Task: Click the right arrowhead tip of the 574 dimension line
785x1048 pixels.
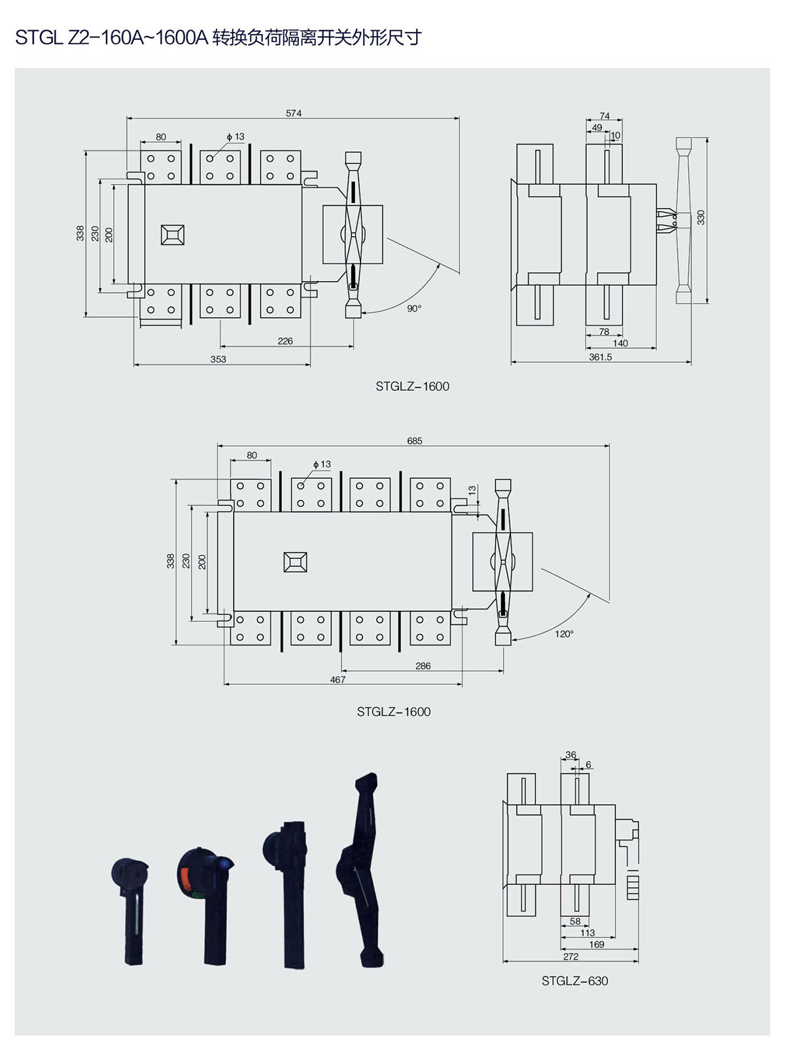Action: [x=459, y=117]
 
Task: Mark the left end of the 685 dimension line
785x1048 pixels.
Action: [x=217, y=446]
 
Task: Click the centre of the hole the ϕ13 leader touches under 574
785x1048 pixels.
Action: [x=210, y=158]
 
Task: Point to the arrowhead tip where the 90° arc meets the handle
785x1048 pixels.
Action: [x=362, y=313]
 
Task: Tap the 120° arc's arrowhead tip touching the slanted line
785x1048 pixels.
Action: [x=591, y=594]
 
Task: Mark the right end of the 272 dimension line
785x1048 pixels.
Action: [x=638, y=961]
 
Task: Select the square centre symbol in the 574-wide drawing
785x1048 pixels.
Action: [x=172, y=235]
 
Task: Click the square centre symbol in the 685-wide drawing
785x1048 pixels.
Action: [x=295, y=562]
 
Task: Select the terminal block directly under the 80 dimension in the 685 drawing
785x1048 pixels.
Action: [x=251, y=495]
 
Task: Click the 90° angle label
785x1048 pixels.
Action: [x=414, y=308]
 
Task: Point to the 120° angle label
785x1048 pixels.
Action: [x=564, y=634]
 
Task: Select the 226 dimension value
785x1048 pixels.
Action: [x=285, y=341]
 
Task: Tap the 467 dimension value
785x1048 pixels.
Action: [x=338, y=679]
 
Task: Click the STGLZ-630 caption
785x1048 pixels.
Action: [x=574, y=981]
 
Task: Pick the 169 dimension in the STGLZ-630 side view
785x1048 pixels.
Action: [x=597, y=945]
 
